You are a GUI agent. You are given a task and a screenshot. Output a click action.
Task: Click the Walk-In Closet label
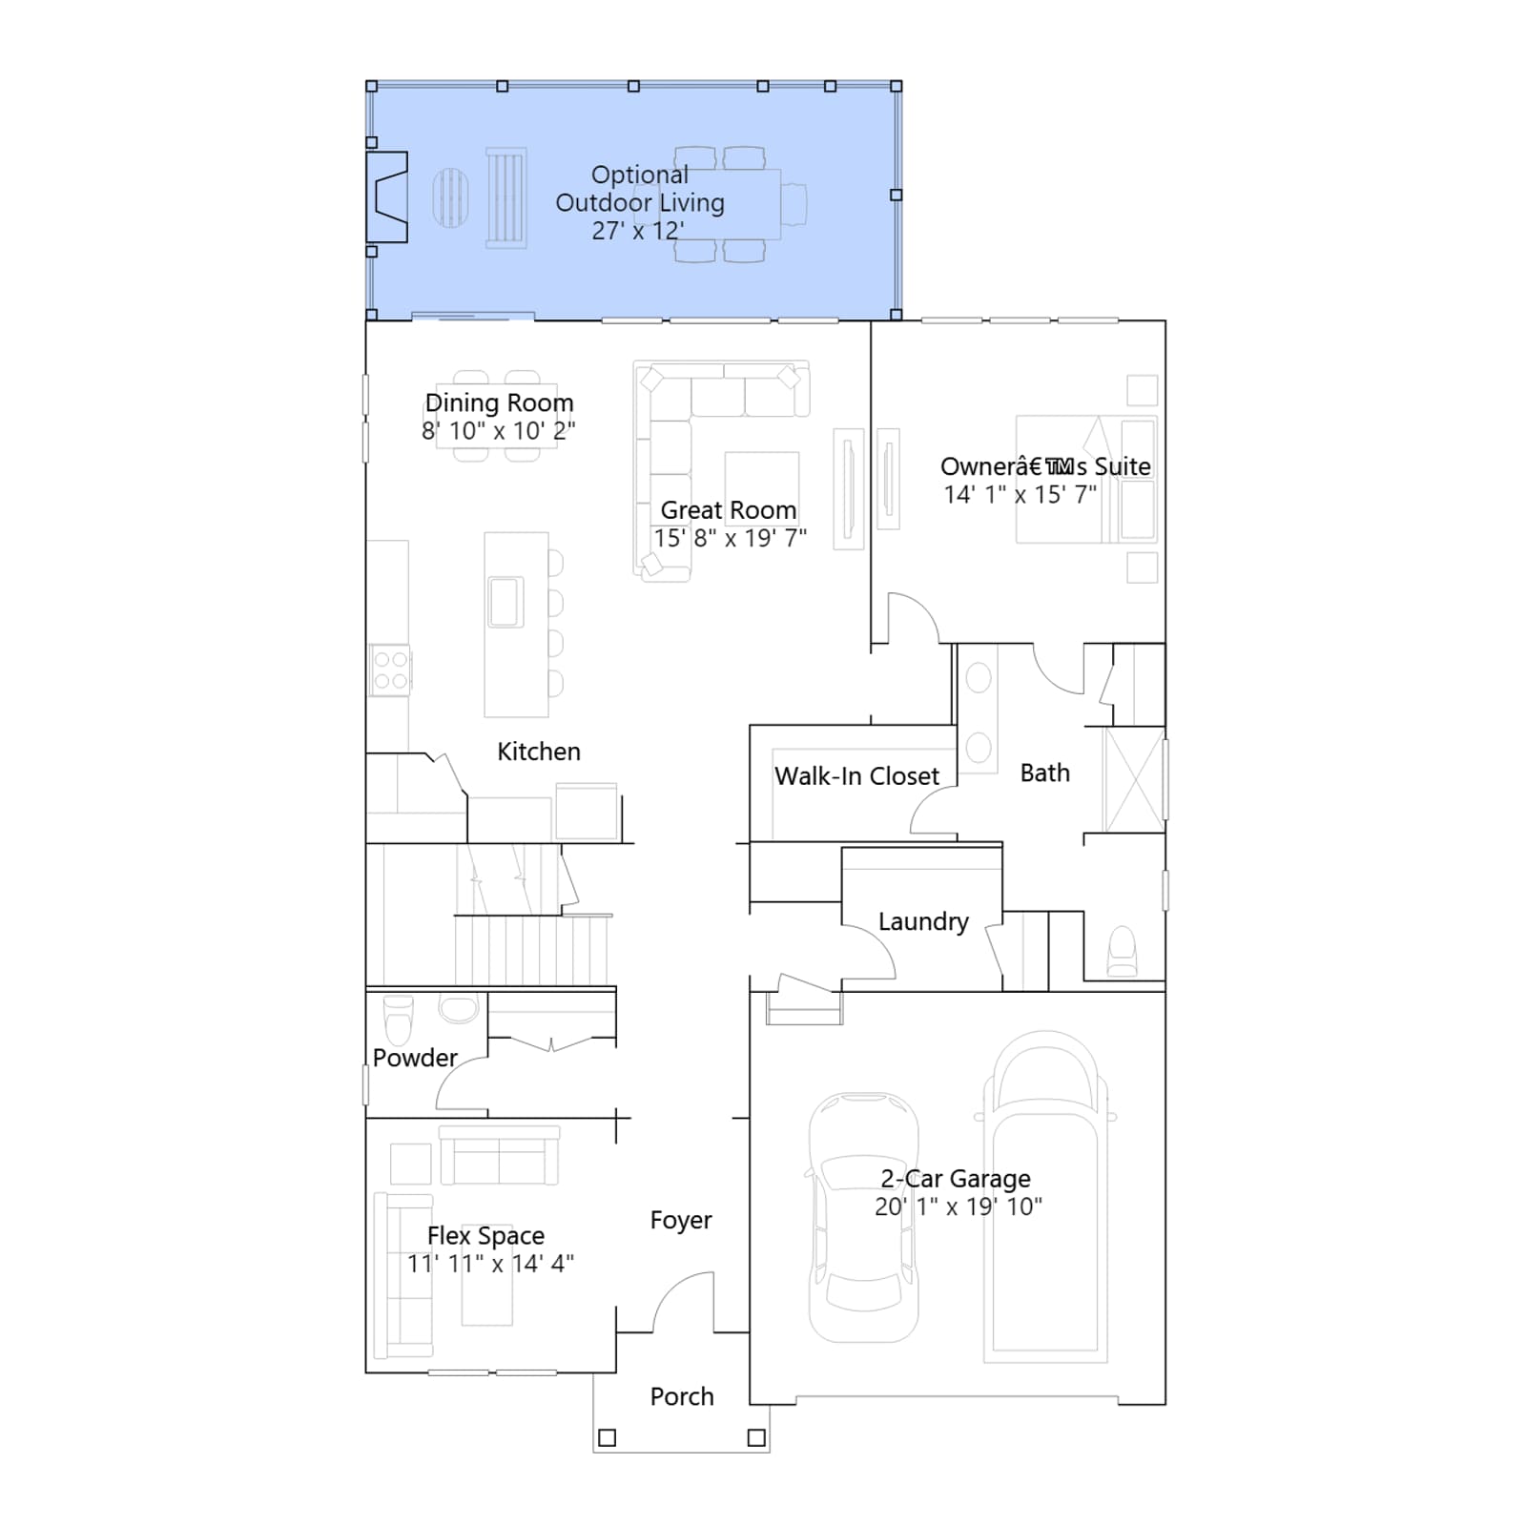(x=856, y=776)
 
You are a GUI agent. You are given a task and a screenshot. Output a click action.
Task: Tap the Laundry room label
(x=923, y=921)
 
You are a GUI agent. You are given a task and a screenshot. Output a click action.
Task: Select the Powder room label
(x=415, y=1058)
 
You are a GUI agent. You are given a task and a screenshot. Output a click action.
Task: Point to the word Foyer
(x=681, y=1221)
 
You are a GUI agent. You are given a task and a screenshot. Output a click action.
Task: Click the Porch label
(x=682, y=1396)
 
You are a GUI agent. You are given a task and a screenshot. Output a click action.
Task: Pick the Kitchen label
(x=539, y=752)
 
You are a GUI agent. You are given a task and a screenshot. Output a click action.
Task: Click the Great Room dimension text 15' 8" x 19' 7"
(x=731, y=539)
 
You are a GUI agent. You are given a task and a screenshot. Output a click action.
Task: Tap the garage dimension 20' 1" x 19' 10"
(x=959, y=1206)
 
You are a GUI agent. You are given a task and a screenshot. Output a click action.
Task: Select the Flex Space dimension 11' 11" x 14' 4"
(x=490, y=1264)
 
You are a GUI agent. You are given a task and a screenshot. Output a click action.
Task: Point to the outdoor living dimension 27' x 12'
(x=638, y=231)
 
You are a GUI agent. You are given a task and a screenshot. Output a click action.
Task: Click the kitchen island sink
(x=505, y=602)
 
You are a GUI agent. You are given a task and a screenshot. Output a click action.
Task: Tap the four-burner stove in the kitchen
(x=390, y=670)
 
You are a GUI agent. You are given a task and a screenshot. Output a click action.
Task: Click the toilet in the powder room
(x=399, y=1020)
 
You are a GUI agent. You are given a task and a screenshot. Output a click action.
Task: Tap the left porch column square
(x=607, y=1437)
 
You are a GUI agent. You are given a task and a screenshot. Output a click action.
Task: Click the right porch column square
(x=756, y=1437)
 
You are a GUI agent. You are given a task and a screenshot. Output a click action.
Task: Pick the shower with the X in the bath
(x=1134, y=780)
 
